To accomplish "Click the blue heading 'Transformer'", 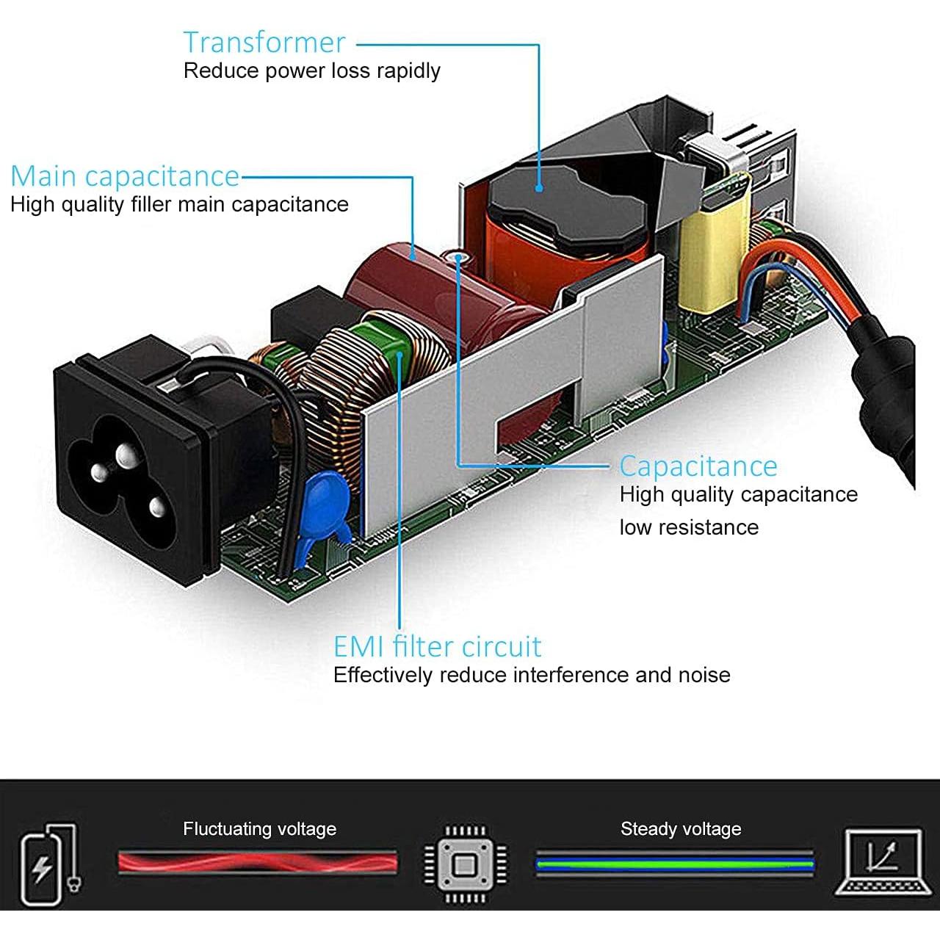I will tap(264, 43).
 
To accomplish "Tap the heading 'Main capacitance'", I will tap(125, 176).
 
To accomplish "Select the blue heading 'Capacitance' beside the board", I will tap(698, 466).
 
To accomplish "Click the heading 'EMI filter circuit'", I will tap(437, 647).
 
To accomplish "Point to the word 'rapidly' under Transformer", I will tap(408, 71).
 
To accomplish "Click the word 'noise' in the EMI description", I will tap(704, 675).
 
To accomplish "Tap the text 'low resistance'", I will tap(689, 527).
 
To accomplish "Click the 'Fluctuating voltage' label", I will tap(259, 829).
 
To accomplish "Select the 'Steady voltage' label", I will tap(680, 829).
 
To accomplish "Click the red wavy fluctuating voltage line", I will tap(257, 861).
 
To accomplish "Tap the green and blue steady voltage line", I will tap(674, 863).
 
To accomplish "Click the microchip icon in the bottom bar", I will tap(465, 864).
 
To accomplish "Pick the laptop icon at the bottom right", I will tap(880, 862).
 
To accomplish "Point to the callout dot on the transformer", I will tap(539, 188).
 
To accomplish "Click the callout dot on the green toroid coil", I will tap(400, 355).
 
